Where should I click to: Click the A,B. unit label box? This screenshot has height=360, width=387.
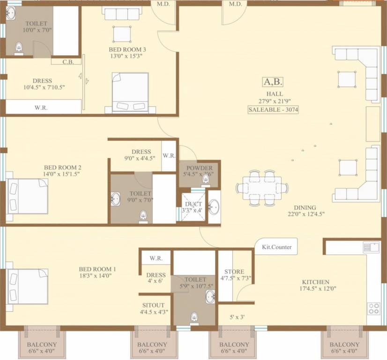pos(273,82)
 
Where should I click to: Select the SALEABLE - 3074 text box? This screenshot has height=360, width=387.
pos(274,110)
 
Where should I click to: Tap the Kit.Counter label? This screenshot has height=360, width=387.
pos(276,247)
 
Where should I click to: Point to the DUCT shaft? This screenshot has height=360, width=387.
pos(193,207)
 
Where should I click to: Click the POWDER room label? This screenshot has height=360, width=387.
pos(200,168)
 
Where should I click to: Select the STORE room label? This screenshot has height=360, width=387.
pos(234,271)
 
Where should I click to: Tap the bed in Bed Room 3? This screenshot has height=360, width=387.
pos(130,92)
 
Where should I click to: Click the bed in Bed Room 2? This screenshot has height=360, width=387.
pos(28,196)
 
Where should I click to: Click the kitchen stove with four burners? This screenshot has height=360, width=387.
pos(373,308)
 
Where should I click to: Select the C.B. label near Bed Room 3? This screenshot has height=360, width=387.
pos(68,61)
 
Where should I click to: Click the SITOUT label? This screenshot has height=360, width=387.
pos(154,303)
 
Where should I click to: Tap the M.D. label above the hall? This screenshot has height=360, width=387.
pos(235,4)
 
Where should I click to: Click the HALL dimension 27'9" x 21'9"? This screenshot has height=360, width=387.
pos(272,100)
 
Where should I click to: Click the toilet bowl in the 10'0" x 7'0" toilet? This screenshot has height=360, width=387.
pos(19,47)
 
